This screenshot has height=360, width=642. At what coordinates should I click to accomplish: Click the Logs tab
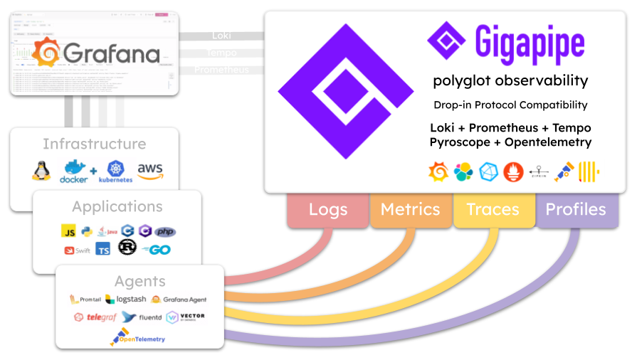pyautogui.click(x=328, y=210)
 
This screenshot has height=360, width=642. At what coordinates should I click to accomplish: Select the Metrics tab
pyautogui.click(x=410, y=210)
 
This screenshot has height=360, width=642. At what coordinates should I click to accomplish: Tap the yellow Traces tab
pyautogui.click(x=493, y=210)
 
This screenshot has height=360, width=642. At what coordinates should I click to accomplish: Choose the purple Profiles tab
pyautogui.click(x=575, y=210)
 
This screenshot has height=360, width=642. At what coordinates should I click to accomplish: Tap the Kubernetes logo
pyautogui.click(x=115, y=171)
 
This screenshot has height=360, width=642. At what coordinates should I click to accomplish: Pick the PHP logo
pyautogui.click(x=165, y=231)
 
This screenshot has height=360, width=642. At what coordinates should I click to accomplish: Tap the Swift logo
pyautogui.click(x=78, y=250)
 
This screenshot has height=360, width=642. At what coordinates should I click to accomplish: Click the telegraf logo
pyautogui.click(x=96, y=317)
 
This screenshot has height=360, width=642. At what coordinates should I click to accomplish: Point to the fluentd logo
pyautogui.click(x=142, y=317)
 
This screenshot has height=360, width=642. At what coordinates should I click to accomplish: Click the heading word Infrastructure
pyautogui.click(x=94, y=144)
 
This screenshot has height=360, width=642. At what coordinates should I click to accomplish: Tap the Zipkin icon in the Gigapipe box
pyautogui.click(x=539, y=172)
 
